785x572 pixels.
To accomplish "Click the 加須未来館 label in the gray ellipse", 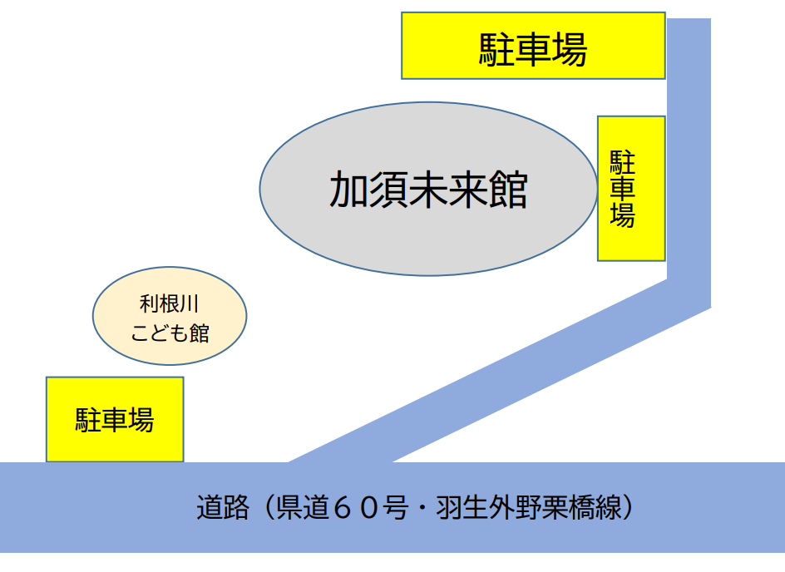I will (428, 190).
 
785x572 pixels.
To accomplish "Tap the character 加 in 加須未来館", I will (349, 190).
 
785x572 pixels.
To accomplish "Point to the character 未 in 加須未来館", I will (429, 190).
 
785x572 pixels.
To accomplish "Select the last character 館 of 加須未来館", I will (508, 190).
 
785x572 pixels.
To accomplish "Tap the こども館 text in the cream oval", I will (170, 333).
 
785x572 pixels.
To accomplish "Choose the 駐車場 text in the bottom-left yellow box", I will (115, 420).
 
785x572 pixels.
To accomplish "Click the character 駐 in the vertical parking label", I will (623, 160).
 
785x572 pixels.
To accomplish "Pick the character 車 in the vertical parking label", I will (623, 188).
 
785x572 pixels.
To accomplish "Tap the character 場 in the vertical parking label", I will (623, 215).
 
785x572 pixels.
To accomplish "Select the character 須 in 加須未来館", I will (389, 190).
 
